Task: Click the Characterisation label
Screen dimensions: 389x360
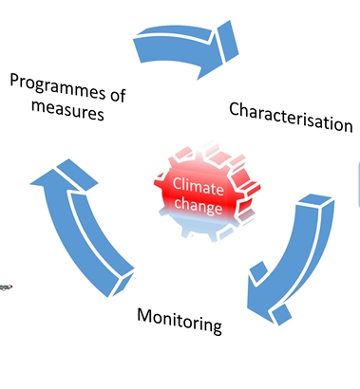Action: point(290,115)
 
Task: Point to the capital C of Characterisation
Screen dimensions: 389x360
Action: point(235,109)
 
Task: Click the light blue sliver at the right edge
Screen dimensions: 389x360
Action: point(357,190)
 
